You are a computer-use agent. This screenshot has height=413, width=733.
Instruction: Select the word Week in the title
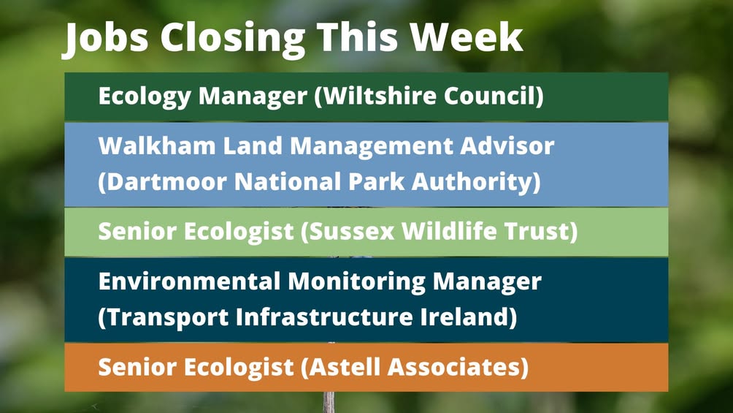tap(467, 37)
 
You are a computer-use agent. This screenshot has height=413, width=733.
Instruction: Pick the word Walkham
tap(157, 146)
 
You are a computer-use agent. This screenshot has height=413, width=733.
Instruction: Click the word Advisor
tap(507, 146)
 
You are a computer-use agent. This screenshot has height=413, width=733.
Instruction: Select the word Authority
tap(476, 182)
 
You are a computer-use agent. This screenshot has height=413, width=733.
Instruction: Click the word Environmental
tap(189, 281)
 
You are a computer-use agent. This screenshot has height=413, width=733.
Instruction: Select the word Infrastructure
tap(324, 317)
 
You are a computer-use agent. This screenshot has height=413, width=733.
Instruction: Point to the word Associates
tap(458, 367)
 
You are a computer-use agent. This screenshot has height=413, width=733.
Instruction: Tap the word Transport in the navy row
tap(164, 317)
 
